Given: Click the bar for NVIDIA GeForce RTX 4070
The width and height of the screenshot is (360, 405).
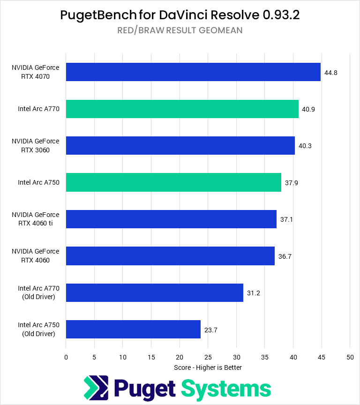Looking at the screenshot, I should click(193, 72).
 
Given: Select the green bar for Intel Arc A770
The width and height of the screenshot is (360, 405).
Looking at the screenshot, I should click(182, 109).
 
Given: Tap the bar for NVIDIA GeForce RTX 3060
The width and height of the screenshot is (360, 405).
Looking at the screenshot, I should click(180, 145).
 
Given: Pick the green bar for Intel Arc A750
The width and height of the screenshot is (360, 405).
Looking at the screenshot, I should click(173, 182).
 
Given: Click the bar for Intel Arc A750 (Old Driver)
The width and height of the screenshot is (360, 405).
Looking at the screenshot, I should click(133, 329).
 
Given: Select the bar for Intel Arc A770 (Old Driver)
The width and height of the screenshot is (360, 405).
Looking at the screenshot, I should click(154, 292).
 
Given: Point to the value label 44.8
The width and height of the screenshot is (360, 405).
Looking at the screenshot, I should click(330, 73).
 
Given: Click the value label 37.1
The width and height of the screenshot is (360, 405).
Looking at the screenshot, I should click(286, 219).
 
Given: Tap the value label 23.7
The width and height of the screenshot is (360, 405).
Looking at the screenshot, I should click(210, 330).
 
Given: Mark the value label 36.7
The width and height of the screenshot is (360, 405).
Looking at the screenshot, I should click(285, 256).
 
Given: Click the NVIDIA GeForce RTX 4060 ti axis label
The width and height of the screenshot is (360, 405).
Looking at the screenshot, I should click(36, 219).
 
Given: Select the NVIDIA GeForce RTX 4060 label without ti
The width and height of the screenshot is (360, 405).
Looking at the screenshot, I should click(36, 255).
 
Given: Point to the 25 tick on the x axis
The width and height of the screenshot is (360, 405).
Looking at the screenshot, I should click(208, 357).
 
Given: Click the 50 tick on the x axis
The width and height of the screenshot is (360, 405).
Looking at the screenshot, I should click(350, 357).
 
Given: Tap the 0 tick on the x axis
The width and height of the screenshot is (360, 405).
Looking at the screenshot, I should click(66, 357).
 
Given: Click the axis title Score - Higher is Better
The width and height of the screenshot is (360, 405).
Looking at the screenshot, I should click(208, 367).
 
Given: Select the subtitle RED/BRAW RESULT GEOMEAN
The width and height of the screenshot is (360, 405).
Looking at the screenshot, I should click(180, 30).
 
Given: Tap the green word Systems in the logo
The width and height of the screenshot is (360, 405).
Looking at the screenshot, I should click(226, 389).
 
